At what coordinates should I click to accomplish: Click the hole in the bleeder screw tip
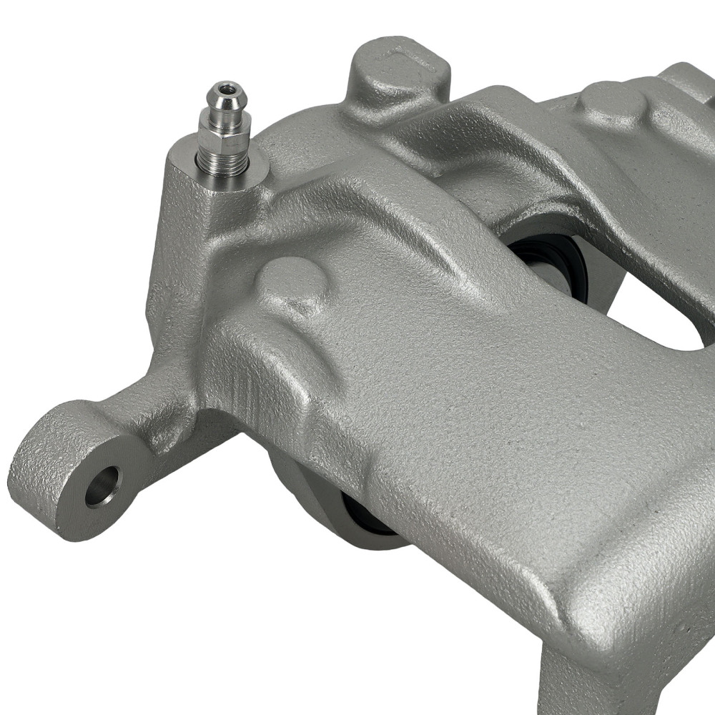click(x=227, y=89)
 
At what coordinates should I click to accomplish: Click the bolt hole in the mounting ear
click(x=102, y=486)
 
